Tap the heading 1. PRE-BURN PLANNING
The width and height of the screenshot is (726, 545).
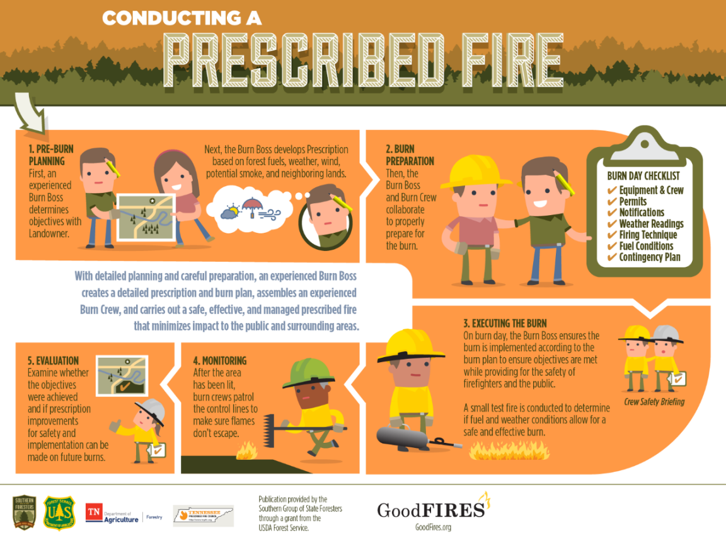[51, 155]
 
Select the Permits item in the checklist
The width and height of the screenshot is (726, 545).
[633, 201]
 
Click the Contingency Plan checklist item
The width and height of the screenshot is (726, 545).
[649, 257]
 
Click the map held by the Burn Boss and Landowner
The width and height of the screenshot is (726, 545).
[144, 218]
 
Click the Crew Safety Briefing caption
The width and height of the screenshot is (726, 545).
[654, 402]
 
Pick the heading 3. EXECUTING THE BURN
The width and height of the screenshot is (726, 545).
[505, 324]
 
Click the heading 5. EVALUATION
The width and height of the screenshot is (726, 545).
[53, 361]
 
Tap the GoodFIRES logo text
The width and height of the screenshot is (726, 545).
[432, 509]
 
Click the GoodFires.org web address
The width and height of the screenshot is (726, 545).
[433, 527]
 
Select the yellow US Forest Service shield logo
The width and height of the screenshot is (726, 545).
[59, 512]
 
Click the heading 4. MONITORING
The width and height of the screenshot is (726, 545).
[220, 361]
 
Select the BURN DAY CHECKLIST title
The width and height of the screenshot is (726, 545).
[643, 177]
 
